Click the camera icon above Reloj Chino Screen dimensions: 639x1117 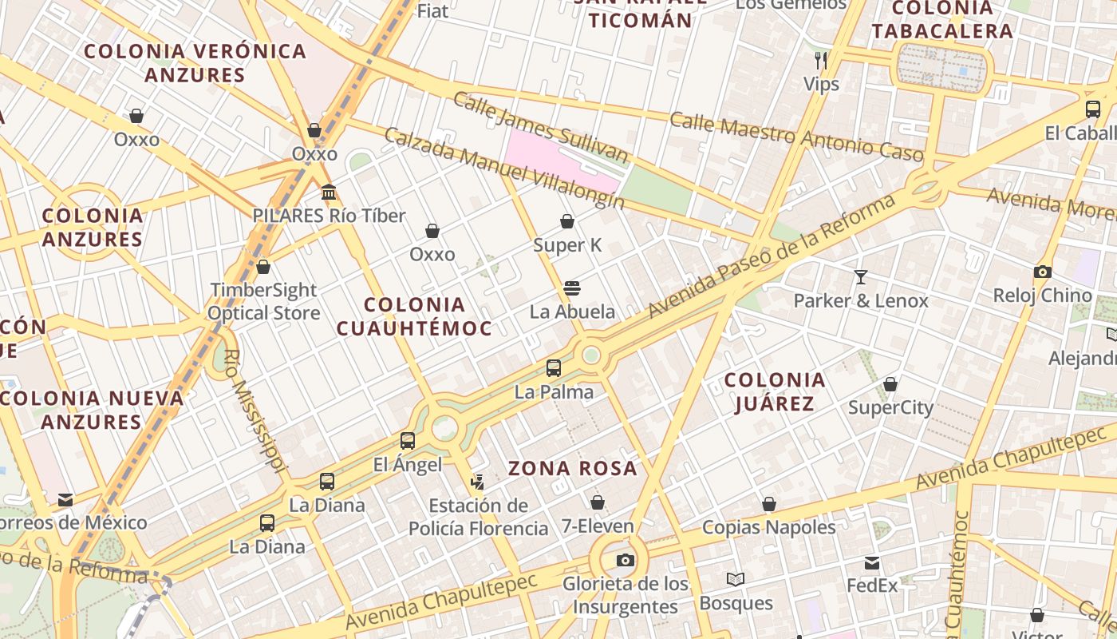pos(1042,272)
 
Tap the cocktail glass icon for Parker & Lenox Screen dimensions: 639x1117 pos(860,277)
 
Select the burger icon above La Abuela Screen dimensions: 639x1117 pos(571,288)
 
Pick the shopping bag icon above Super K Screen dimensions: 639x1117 pos(567,221)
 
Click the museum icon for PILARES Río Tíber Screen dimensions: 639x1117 pos(329,192)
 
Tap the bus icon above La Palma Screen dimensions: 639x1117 pos(554,368)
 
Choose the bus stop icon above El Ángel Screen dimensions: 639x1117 pos(408,440)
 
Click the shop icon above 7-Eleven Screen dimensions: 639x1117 pos(597,502)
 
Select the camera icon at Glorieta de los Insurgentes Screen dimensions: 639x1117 pos(626,560)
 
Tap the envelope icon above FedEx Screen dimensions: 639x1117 pos(872,563)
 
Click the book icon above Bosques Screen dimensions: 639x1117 pos(736,579)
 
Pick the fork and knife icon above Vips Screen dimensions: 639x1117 pos(821,60)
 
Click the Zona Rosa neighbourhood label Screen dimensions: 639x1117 pos(573,469)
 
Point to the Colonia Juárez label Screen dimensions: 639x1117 pos(775,391)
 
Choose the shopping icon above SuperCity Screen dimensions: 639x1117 pos(890,385)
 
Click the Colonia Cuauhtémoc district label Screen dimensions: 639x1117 pos(413,316)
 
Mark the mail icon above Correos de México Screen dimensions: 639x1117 pos(65,500)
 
